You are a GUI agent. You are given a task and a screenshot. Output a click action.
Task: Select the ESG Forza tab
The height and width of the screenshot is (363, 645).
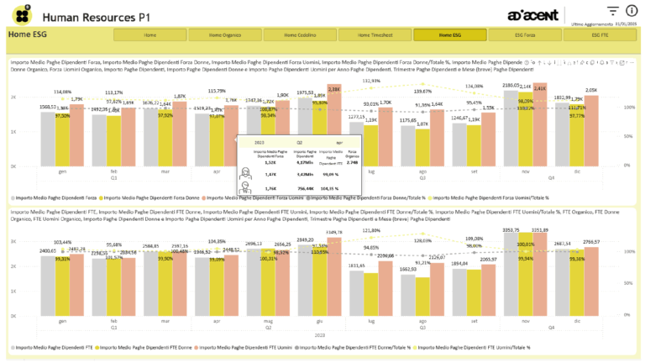pyautogui.click(x=525, y=35)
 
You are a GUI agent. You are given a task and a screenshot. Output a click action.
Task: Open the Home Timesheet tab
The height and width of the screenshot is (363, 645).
pyautogui.click(x=374, y=35)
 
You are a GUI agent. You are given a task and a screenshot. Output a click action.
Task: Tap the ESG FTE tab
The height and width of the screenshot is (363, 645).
pyautogui.click(x=600, y=35)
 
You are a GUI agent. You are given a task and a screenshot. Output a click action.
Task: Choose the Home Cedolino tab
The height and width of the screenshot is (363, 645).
pyautogui.click(x=298, y=35)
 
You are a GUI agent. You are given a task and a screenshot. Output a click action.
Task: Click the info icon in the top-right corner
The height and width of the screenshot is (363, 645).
pyautogui.click(x=631, y=10)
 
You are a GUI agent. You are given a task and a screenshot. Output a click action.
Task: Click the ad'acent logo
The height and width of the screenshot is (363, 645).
pyautogui.click(x=534, y=16)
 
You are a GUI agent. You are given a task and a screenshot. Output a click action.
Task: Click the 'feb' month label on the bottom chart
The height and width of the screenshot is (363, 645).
pyautogui.click(x=114, y=321)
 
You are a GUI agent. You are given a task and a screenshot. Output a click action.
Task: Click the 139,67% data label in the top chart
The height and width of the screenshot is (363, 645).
pyautogui.click(x=423, y=91)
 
